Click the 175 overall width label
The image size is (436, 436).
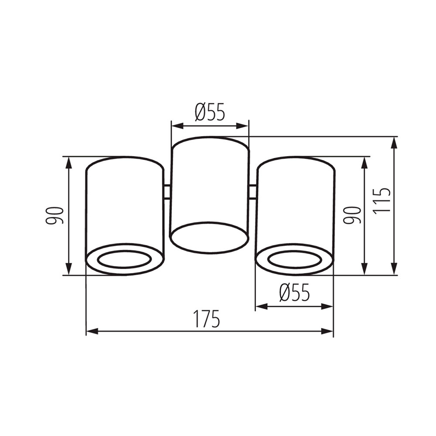coord(206,319)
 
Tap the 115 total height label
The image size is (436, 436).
coord(381,201)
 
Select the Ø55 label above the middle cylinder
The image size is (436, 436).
coord(210,112)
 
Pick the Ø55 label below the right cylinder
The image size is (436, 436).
coord(294,293)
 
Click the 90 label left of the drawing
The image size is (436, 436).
coord(55,215)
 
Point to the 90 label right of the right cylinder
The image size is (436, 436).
coord(352,215)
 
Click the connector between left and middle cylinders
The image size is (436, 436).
coord(167,192)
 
